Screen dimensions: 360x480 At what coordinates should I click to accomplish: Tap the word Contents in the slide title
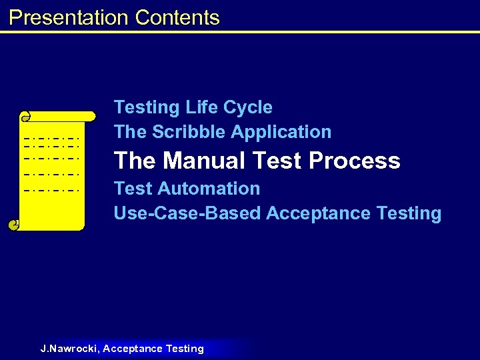click(x=177, y=17)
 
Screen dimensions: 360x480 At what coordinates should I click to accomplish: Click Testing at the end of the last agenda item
click(x=409, y=213)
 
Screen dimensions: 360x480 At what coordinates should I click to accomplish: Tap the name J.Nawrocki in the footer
click(x=69, y=349)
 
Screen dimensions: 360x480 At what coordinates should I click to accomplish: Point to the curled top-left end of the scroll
click(x=26, y=117)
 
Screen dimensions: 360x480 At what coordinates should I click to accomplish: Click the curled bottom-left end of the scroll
click(x=13, y=225)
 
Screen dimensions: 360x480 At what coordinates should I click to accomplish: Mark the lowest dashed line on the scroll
click(x=51, y=190)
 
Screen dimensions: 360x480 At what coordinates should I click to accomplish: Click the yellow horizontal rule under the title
click(x=240, y=31)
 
